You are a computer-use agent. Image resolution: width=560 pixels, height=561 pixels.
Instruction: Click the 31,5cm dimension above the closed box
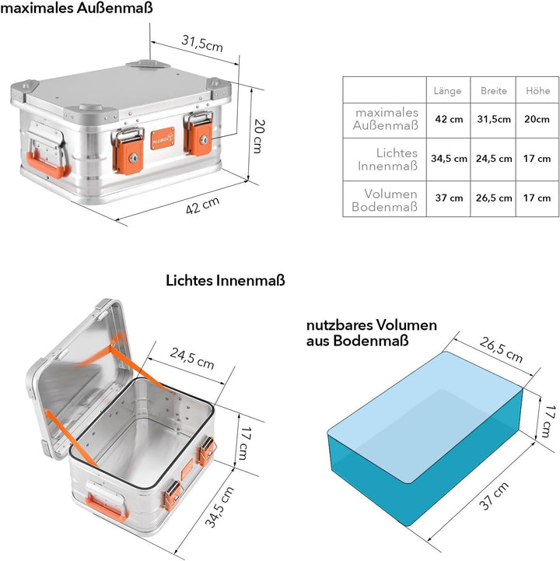point(202,43)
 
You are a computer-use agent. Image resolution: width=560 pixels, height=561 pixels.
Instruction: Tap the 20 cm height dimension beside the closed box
point(259,136)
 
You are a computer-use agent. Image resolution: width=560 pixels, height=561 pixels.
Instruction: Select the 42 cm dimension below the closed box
point(202,205)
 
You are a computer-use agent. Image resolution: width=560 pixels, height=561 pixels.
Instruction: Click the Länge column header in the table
point(447,91)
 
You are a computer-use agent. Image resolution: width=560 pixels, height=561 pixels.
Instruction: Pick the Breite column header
point(493,91)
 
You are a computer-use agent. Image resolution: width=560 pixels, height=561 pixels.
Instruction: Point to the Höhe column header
point(537,91)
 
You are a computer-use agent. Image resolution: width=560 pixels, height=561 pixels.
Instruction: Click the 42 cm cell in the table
point(449,119)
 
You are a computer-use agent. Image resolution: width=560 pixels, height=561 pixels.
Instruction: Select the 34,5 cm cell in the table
point(449,159)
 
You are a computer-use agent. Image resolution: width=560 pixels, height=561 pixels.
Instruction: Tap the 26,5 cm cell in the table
point(494,198)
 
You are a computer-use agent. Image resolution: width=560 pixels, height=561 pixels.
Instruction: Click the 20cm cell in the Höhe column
point(537,119)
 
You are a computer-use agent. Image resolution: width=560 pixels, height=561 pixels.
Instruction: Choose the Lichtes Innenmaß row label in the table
point(387,160)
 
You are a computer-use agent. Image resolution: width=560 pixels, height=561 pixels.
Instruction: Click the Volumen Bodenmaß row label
point(385,200)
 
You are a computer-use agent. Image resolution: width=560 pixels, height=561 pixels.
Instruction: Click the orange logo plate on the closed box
point(163,138)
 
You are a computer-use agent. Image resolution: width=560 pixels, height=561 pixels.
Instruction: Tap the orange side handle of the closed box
point(45,165)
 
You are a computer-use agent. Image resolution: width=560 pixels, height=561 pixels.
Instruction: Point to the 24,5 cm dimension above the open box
point(192,358)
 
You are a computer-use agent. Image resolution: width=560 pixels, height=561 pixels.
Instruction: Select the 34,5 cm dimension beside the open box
point(219,507)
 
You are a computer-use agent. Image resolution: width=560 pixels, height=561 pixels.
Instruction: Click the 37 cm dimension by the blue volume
point(494,496)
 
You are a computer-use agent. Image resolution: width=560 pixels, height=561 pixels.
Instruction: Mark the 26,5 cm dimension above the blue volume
point(501,349)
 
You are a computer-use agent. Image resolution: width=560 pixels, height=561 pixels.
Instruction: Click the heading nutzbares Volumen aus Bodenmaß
point(372,333)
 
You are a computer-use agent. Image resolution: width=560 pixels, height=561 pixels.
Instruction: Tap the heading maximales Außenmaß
point(76,8)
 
